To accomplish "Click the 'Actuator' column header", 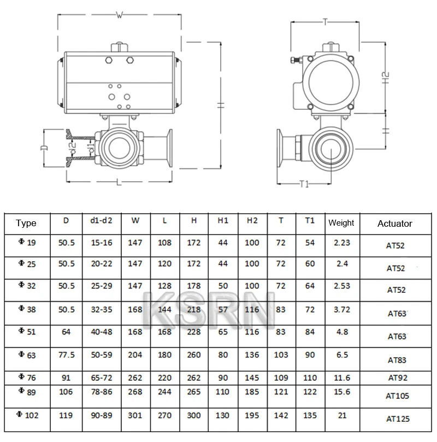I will [x=394, y=223].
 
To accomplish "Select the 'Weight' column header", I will [x=341, y=223].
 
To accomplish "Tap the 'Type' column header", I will [x=26, y=223].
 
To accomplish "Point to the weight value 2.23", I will [x=341, y=243].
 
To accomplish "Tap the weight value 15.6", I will [x=341, y=392].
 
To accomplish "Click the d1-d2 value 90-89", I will [x=101, y=415].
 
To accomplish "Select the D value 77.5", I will [x=67, y=355].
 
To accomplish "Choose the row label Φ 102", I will [x=28, y=415].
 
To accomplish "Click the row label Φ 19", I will [x=27, y=243].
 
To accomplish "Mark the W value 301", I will [x=134, y=415].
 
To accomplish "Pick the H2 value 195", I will [x=252, y=415].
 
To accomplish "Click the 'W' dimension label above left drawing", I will [x=119, y=15].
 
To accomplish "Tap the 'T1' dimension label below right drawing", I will [x=304, y=184].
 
